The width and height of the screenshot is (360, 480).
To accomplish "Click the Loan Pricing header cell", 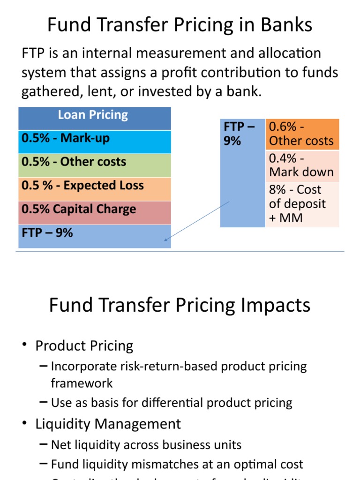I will click(x=94, y=115).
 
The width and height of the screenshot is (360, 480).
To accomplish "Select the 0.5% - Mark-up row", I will click(x=94, y=139).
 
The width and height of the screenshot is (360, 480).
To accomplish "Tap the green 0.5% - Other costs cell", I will click(x=94, y=162).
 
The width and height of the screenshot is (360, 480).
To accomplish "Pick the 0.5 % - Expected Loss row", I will click(x=94, y=186).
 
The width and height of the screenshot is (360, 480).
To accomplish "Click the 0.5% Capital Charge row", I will click(x=94, y=209).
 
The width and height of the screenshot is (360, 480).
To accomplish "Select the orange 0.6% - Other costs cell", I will click(x=302, y=134).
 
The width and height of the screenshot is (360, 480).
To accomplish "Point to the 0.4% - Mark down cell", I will click(x=302, y=166).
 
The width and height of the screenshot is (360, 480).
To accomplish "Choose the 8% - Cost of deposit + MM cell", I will click(x=302, y=204).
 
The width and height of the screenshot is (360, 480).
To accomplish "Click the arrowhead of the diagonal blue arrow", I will click(x=165, y=240).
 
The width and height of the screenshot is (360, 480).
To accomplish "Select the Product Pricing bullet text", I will click(x=84, y=346).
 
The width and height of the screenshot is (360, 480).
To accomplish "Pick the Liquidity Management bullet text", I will click(x=108, y=424).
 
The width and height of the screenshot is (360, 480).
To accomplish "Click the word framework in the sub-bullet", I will click(x=82, y=383).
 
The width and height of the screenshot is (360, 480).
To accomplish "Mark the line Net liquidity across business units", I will click(x=146, y=445).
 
